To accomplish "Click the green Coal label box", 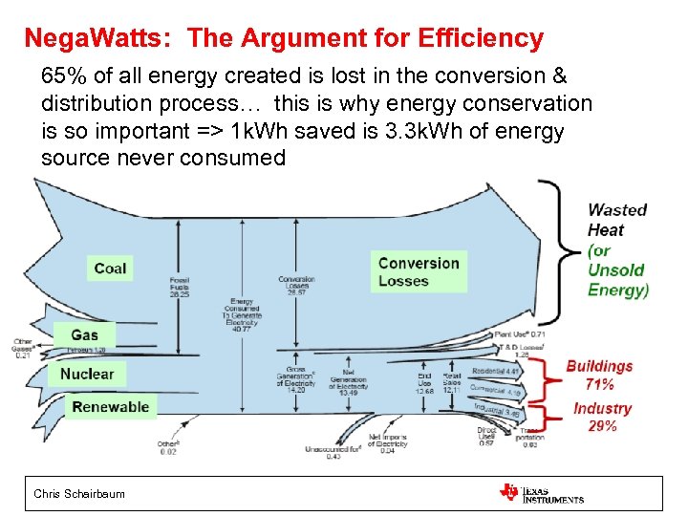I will point(110,269).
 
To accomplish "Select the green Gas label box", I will point(84,334).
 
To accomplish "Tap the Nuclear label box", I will point(86,374).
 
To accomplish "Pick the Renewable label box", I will point(111,407).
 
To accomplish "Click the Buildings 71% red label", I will point(599,375).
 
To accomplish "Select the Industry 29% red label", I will point(602,417).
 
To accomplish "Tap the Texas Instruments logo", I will point(541,493).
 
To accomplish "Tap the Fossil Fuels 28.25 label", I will point(179,287).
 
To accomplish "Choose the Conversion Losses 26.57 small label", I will point(297,286).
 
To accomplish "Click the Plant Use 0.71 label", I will point(522,335).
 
